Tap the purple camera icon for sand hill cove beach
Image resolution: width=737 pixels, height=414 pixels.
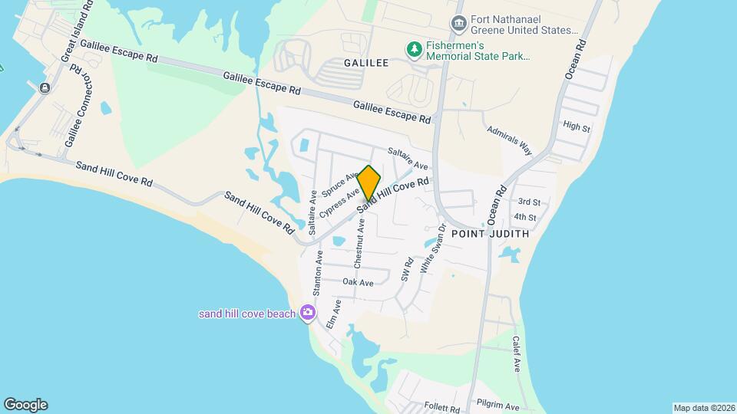[308, 312]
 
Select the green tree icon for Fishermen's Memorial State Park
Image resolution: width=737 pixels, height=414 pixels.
[415, 50]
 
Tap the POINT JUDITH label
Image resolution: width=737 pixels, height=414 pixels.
[490, 234]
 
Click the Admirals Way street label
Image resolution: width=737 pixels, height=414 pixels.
[510, 139]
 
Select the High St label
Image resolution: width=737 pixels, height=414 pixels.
[576, 127]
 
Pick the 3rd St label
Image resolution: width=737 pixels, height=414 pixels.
[528, 202]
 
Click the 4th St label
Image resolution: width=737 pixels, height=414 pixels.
[525, 218]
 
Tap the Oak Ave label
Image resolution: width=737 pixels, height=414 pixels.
[358, 283]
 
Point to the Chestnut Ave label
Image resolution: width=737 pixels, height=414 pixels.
[359, 243]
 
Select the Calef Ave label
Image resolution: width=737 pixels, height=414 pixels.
[517, 354]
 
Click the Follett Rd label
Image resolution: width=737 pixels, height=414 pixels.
[440, 408]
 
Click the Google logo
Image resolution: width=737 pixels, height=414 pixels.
[25, 405]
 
